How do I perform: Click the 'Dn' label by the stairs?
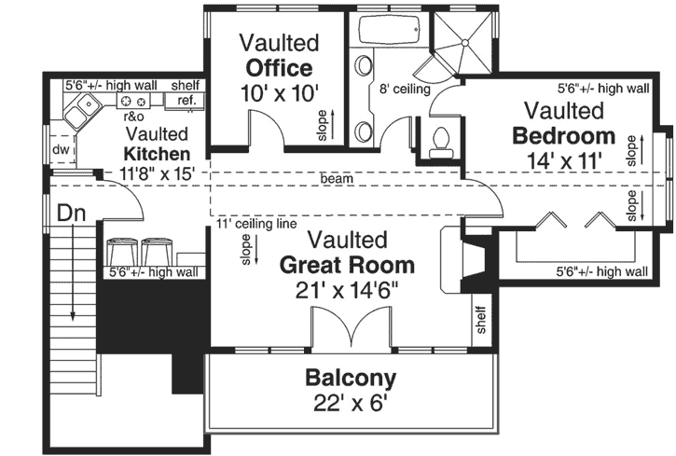[71, 213]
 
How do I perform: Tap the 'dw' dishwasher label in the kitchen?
[61, 149]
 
